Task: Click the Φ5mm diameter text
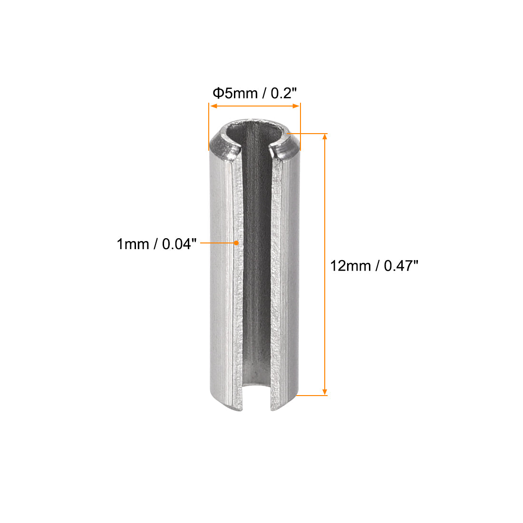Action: click(235, 93)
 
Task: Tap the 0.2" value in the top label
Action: click(283, 93)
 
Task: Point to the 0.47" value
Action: click(401, 266)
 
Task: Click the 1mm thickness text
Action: click(133, 244)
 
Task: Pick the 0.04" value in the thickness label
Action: click(179, 244)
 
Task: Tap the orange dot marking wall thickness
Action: click(236, 243)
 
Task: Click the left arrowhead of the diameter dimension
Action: click(214, 106)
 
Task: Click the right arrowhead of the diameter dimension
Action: click(296, 106)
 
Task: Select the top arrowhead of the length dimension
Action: click(325, 137)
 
